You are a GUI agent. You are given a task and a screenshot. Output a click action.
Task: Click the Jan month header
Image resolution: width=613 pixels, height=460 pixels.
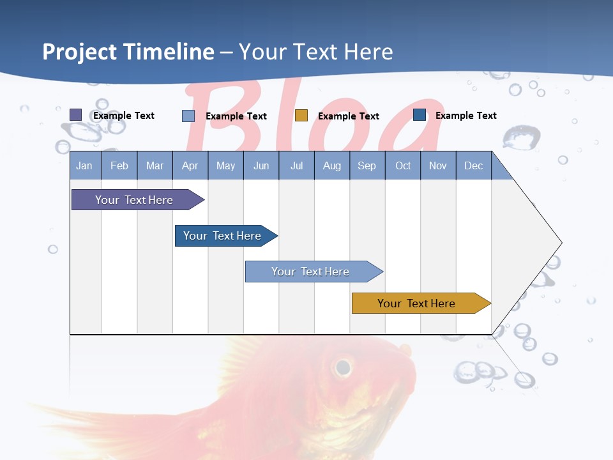pyautogui.click(x=84, y=165)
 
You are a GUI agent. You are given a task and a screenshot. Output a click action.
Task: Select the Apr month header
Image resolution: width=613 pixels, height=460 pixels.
pyautogui.click(x=190, y=165)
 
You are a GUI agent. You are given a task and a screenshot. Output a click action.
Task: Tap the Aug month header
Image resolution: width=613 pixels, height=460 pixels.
pyautogui.click(x=331, y=165)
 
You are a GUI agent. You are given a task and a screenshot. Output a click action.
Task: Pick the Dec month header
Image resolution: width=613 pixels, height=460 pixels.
pyautogui.click(x=473, y=165)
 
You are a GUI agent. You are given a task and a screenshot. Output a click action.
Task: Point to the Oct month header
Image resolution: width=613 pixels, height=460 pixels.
pyautogui.click(x=403, y=165)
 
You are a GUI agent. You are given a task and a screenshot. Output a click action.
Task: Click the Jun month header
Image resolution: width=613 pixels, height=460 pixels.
pyautogui.click(x=261, y=165)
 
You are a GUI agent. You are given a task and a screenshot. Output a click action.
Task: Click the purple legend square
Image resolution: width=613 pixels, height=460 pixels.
pyautogui.click(x=76, y=115)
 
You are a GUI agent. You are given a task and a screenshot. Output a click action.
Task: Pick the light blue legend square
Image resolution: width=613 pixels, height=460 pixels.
pyautogui.click(x=188, y=116)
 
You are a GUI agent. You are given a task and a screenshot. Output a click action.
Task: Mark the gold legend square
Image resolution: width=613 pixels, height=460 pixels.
pyautogui.click(x=301, y=116)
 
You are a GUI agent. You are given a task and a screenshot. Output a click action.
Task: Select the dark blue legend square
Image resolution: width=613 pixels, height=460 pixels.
pyautogui.click(x=420, y=115)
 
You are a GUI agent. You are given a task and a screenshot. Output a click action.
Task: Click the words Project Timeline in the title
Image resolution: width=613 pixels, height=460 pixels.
pyautogui.click(x=128, y=52)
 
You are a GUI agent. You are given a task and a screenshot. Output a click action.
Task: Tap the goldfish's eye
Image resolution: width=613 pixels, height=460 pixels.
pyautogui.click(x=343, y=367)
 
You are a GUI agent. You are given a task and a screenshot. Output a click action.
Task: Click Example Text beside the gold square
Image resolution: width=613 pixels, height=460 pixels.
pyautogui.click(x=348, y=116)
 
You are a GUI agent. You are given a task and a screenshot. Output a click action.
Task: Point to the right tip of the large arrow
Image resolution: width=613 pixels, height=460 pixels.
pyautogui.click(x=561, y=243)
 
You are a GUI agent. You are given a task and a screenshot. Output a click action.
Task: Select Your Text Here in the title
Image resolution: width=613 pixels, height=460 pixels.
pyautogui.click(x=315, y=52)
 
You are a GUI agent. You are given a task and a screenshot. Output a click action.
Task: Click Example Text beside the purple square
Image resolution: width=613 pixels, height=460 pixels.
pyautogui.click(x=123, y=116)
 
